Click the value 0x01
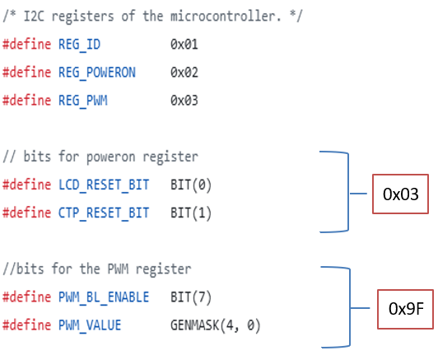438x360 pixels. (184, 44)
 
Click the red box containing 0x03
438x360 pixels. (401, 194)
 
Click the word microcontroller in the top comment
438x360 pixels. (207, 16)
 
